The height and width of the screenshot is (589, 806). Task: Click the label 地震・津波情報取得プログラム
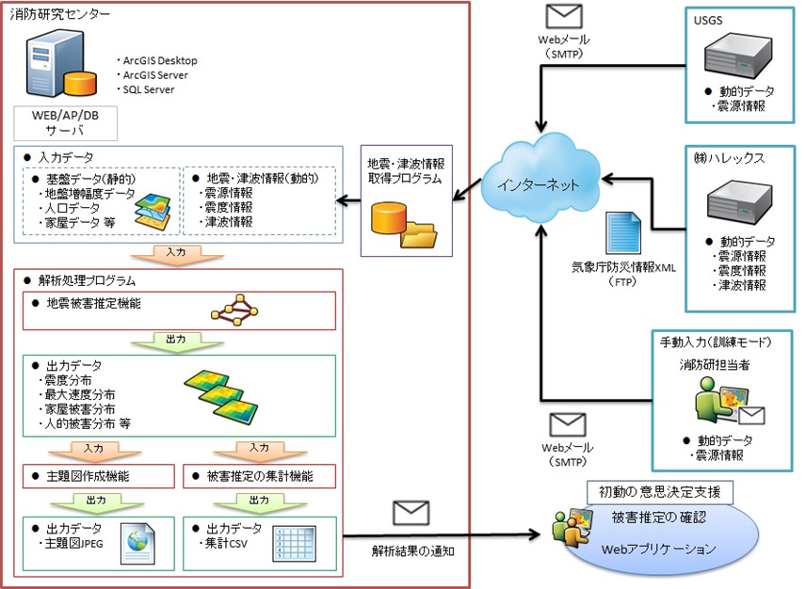406,170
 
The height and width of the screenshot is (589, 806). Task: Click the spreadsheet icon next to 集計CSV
291,544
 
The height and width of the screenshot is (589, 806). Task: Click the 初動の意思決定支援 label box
659,492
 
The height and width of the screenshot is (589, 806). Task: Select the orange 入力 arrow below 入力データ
177,253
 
